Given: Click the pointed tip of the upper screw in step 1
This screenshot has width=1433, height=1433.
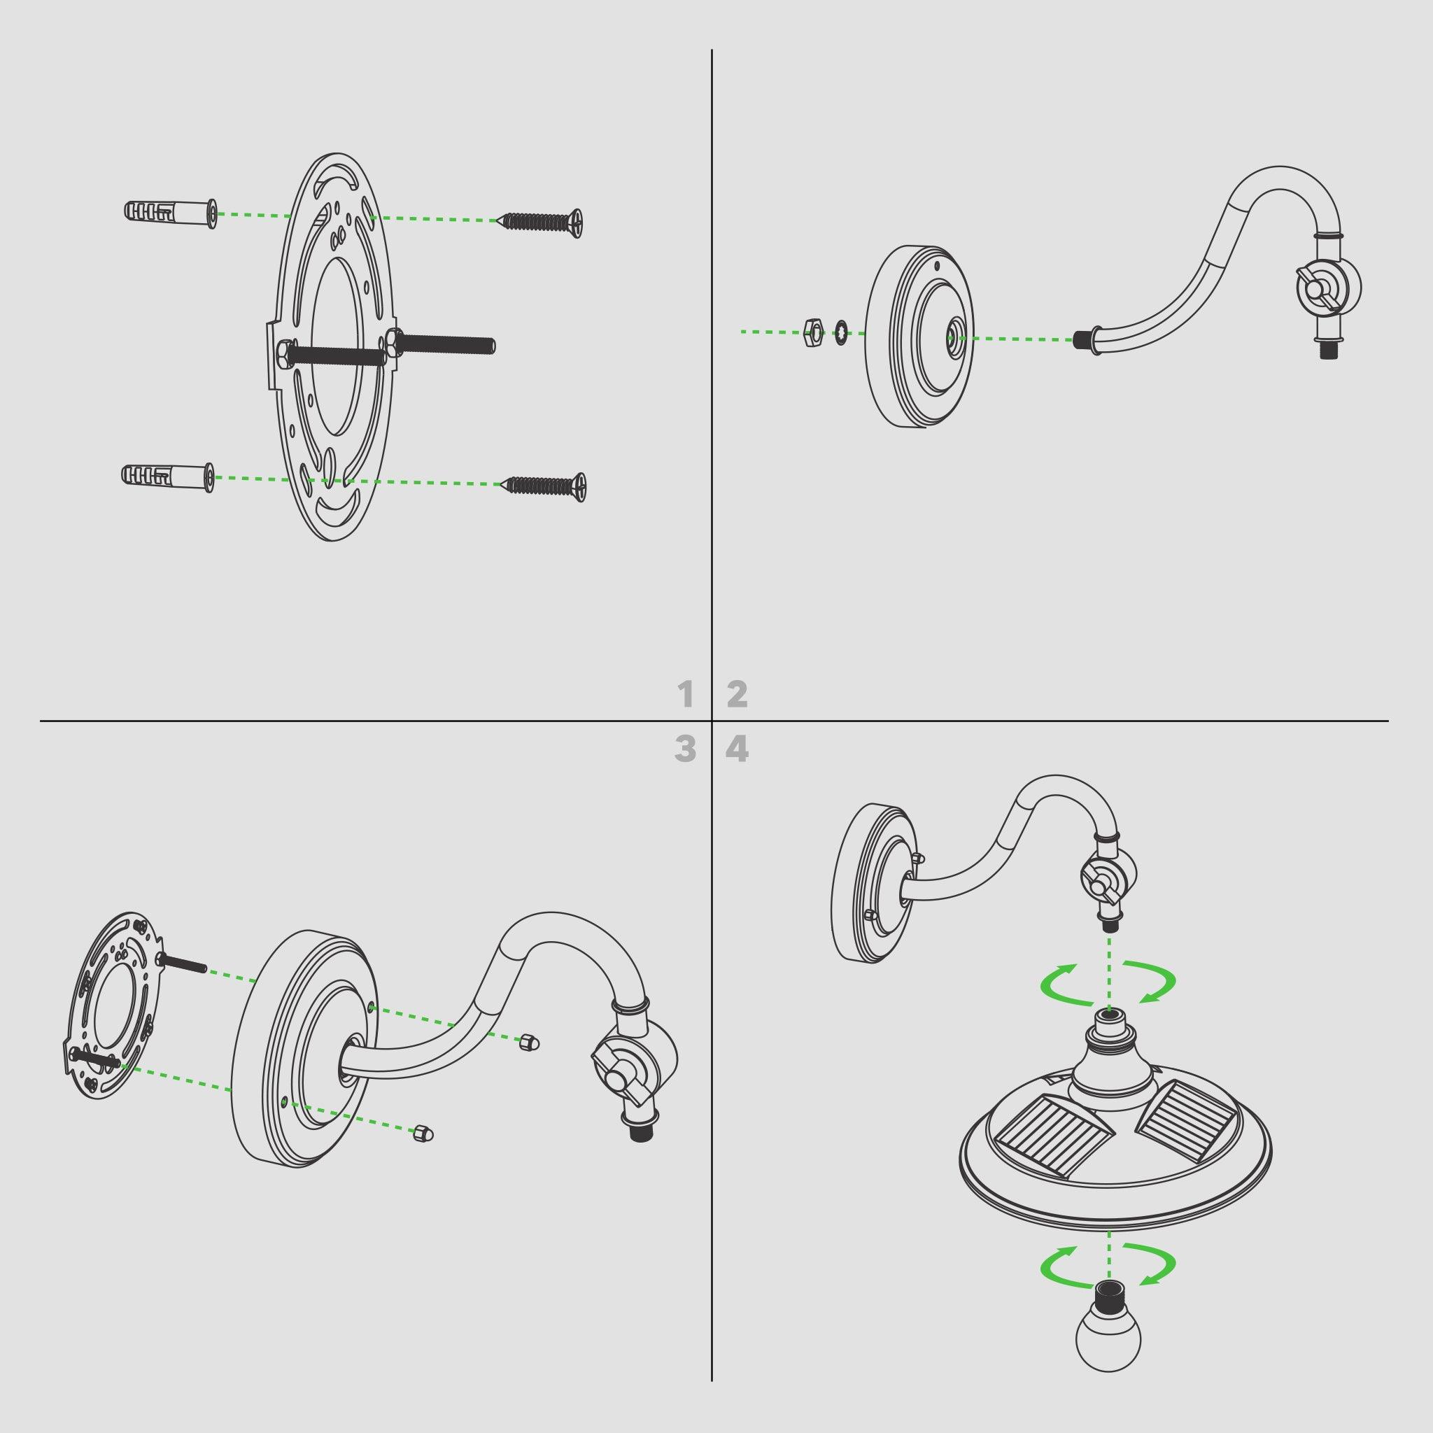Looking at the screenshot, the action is [x=497, y=220].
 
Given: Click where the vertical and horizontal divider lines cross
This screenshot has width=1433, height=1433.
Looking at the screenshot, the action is [x=712, y=721].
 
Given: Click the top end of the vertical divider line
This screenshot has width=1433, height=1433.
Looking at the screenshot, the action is [x=712, y=50].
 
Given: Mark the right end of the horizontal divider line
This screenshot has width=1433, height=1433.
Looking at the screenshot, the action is [x=1388, y=721].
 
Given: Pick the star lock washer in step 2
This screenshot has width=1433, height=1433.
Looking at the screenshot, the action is [x=842, y=332].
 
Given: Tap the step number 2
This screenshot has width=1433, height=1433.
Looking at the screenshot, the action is [x=737, y=695].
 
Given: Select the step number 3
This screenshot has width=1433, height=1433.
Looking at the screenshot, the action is [x=685, y=750].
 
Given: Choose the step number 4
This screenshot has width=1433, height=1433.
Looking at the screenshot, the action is [x=737, y=750].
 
